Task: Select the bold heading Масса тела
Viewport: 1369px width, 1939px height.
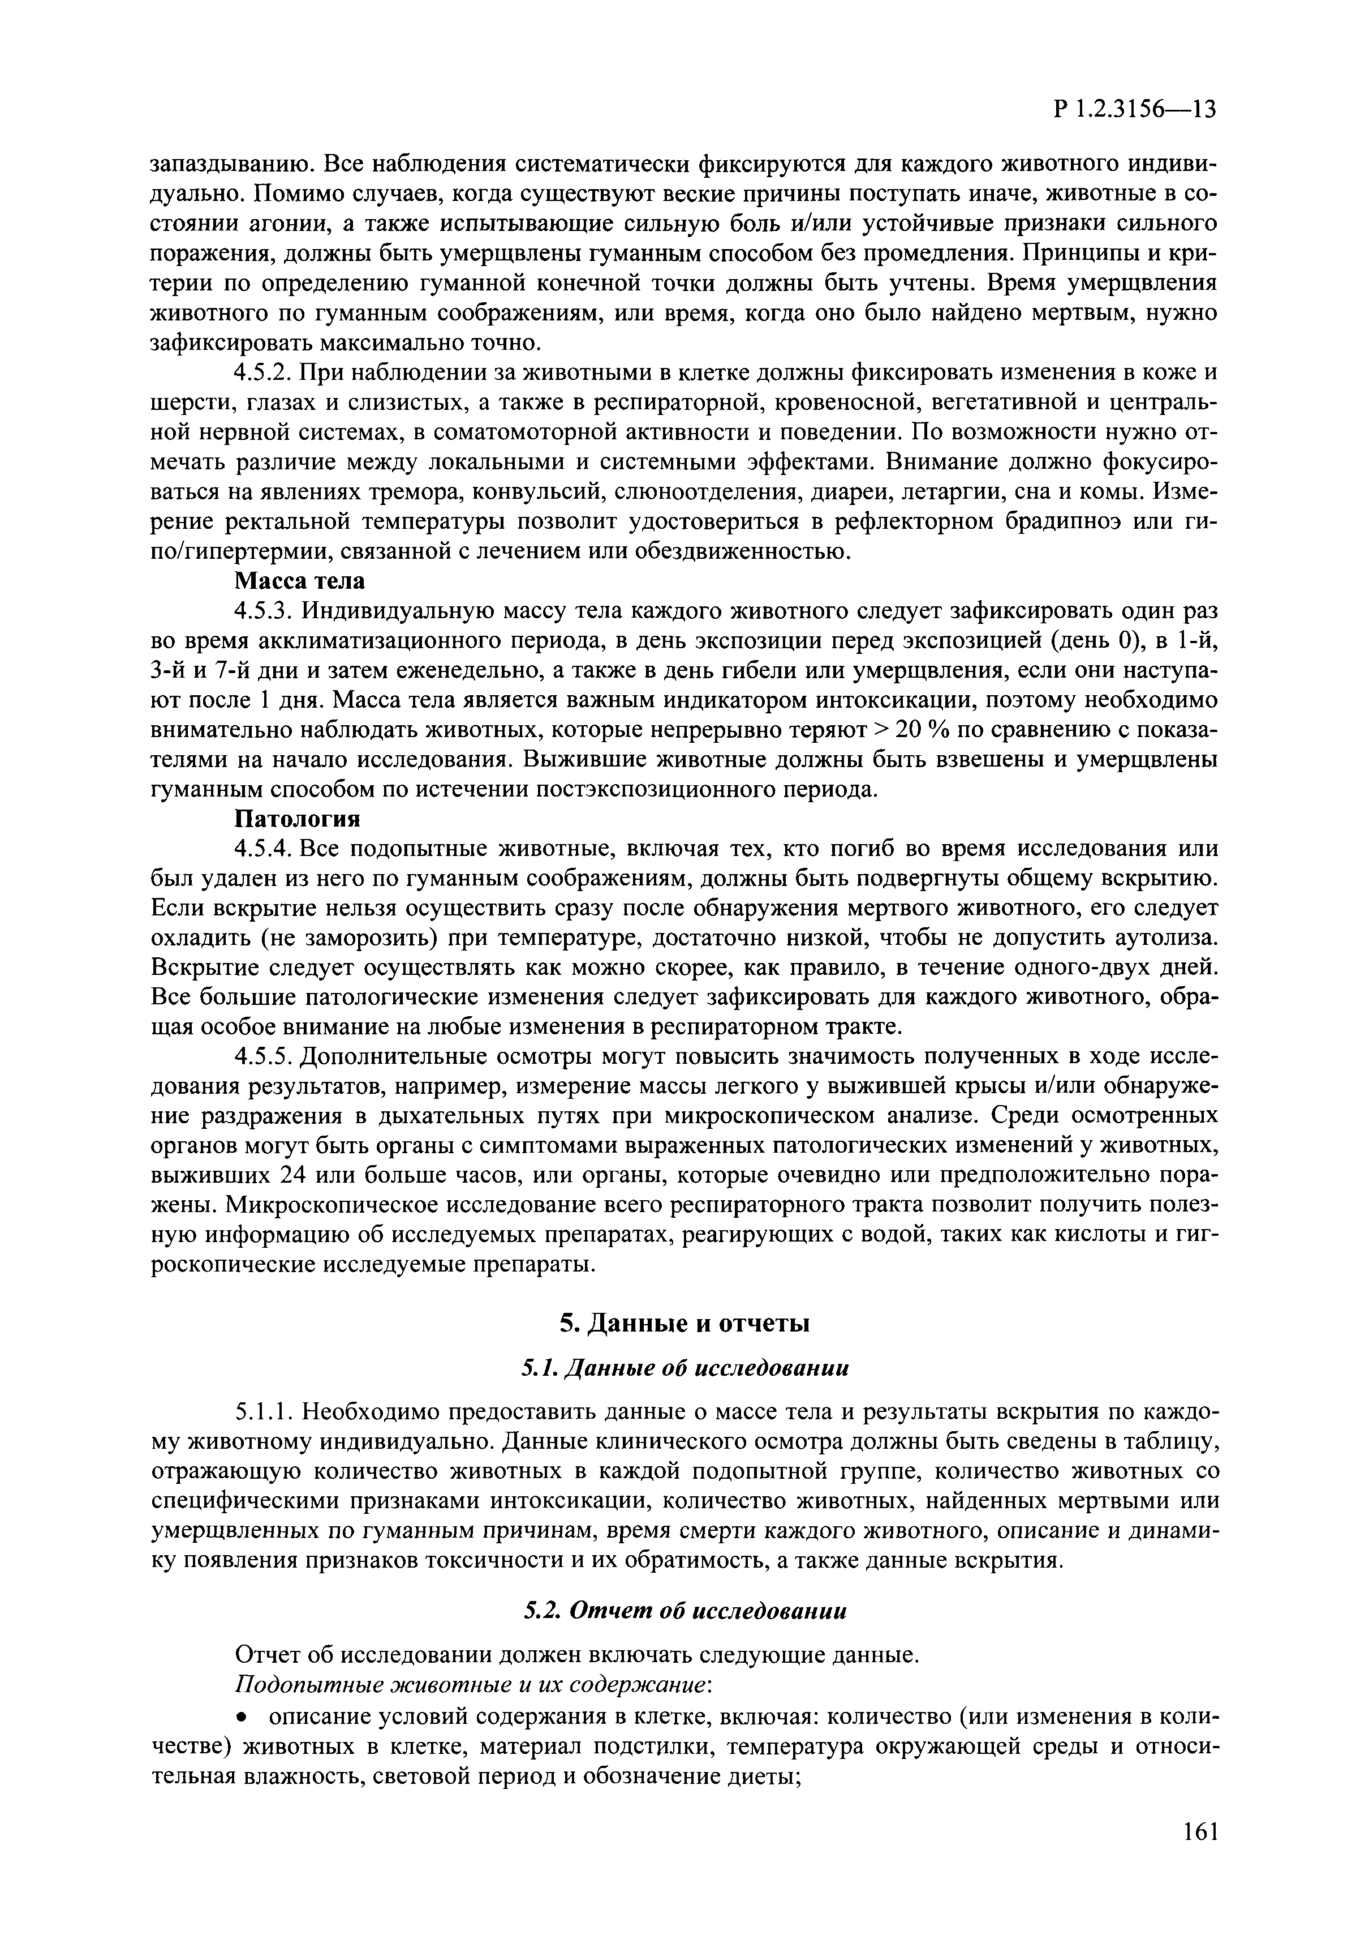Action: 300,581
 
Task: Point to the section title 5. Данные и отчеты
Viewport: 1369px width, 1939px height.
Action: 684,1324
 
